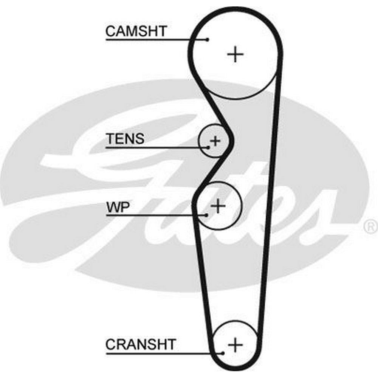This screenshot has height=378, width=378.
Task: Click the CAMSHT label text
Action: point(136,31)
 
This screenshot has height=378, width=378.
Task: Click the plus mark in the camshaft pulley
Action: point(235,54)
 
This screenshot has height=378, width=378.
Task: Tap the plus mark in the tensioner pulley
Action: point(215,141)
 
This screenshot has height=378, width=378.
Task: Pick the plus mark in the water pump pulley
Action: point(218,206)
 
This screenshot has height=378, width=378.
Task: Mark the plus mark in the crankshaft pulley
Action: point(235,344)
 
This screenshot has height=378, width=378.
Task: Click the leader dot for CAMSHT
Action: point(208,39)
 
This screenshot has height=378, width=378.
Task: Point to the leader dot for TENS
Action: point(208,147)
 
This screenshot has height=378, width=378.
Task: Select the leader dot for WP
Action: point(206,215)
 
